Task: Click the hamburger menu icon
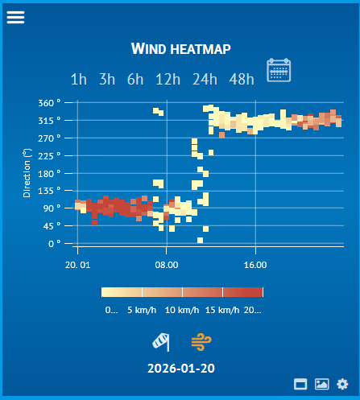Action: [16, 17]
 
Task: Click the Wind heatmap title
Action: [180, 50]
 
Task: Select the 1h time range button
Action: [79, 79]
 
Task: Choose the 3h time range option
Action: [107, 79]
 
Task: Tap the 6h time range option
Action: [135, 79]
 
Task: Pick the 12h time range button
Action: [168, 79]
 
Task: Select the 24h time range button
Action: [205, 79]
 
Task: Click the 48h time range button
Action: [242, 79]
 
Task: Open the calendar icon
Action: [279, 71]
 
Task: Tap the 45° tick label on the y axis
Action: [52, 225]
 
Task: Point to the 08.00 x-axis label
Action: [166, 263]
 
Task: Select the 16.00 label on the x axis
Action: [254, 263]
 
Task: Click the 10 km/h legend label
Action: [182, 309]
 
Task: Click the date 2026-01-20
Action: [180, 369]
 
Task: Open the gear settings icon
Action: [342, 385]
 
